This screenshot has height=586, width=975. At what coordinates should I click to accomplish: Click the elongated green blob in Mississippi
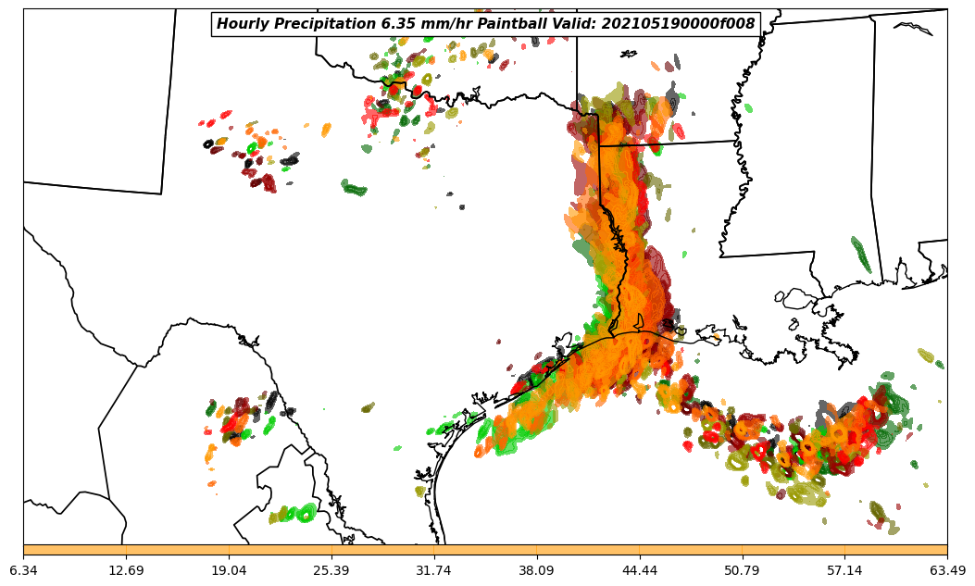[861, 255]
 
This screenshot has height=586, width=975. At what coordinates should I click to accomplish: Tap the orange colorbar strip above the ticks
[485, 550]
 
